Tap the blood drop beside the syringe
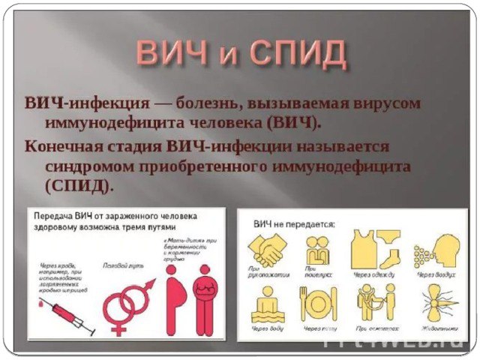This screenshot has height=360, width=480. tap(34, 305)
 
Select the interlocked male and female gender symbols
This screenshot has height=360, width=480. tap(127, 304)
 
